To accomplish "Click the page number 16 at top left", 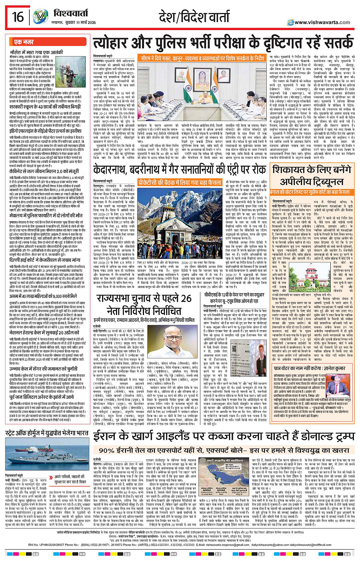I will point(18,17).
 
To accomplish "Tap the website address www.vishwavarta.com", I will point(322,22).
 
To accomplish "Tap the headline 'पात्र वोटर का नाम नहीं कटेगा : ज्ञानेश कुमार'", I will point(309,368).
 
